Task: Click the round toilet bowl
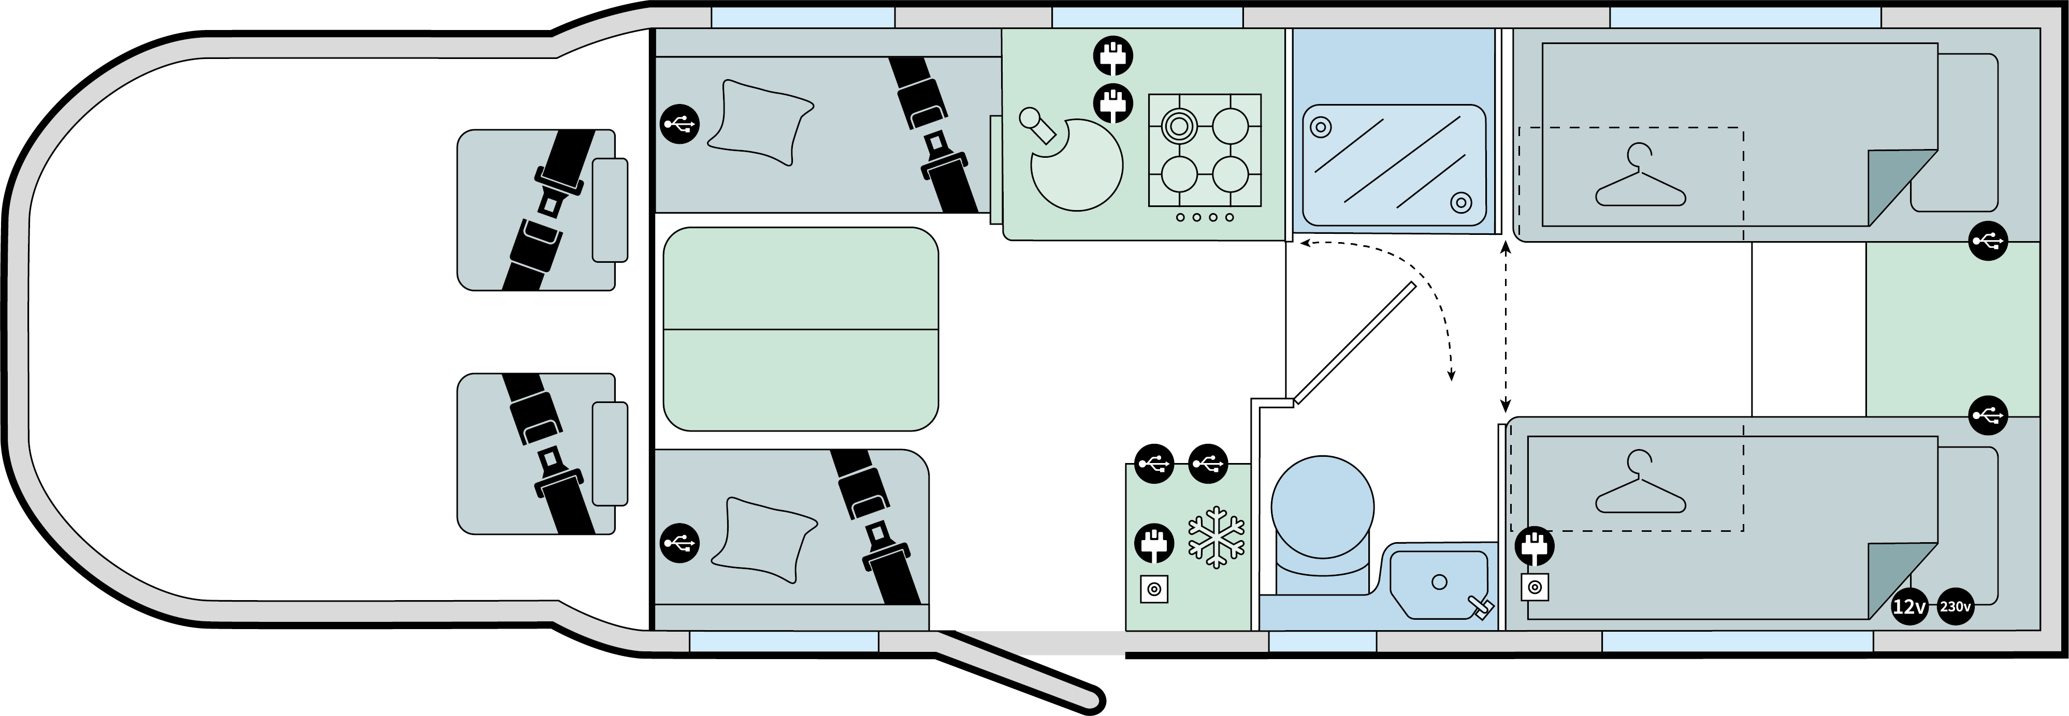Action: click(1322, 508)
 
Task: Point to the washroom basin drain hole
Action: click(1439, 582)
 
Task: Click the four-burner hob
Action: click(1204, 151)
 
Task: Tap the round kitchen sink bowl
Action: click(1076, 165)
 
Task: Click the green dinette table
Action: click(800, 329)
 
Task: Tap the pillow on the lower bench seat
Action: click(763, 540)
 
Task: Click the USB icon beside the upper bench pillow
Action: click(679, 124)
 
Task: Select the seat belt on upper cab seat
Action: click(547, 208)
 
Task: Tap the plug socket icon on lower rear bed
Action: click(1534, 547)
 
